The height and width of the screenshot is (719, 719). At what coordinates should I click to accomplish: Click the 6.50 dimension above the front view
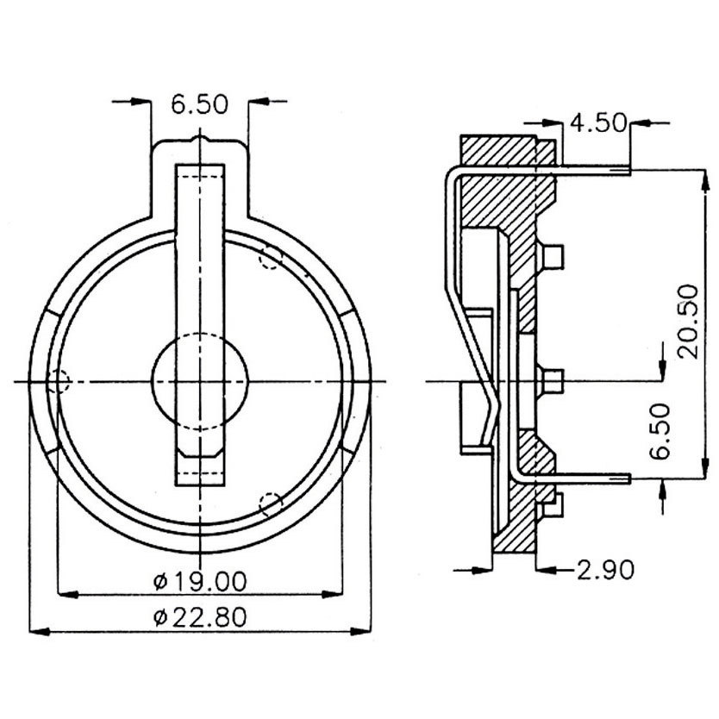coord(199,105)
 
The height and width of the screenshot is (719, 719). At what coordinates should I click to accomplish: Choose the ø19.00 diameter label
coord(199,582)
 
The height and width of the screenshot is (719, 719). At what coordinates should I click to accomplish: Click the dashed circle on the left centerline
coord(59,380)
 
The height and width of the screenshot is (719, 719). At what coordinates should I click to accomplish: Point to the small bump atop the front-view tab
coord(200,137)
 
